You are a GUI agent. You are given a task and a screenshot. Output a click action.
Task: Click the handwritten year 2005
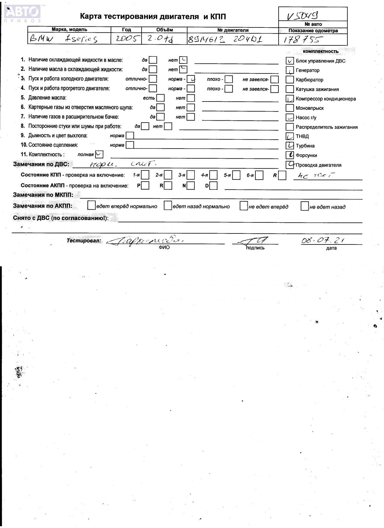coord(126,39)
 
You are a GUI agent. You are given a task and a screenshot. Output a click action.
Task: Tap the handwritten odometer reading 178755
coord(301,40)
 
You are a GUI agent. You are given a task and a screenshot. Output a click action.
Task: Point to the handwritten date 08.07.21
coord(322,240)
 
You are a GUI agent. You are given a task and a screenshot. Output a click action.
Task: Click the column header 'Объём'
coord(164,30)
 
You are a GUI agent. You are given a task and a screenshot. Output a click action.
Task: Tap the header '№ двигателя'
coord(233,30)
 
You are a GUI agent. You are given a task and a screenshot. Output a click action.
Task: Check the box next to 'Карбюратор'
coord(290,80)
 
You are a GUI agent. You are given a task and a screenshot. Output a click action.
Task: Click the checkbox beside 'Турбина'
coord(290,145)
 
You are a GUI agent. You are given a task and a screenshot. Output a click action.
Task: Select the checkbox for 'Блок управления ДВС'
coord(290,61)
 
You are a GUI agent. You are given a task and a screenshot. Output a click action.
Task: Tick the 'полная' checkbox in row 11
coord(99,154)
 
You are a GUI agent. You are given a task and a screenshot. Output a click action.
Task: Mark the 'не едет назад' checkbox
coord(305,206)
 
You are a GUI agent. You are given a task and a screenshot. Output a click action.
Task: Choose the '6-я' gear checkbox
coord(259,175)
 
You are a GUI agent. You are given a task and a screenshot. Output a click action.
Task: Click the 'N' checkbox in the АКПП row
coord(191,186)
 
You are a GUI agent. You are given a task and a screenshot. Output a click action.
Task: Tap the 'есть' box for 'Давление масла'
coord(160,98)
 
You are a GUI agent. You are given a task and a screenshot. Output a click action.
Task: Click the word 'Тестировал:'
coord(84,241)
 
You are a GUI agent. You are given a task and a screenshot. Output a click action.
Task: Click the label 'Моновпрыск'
coord(310,108)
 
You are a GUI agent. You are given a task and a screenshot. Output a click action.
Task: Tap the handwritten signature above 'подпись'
coord(254,241)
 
